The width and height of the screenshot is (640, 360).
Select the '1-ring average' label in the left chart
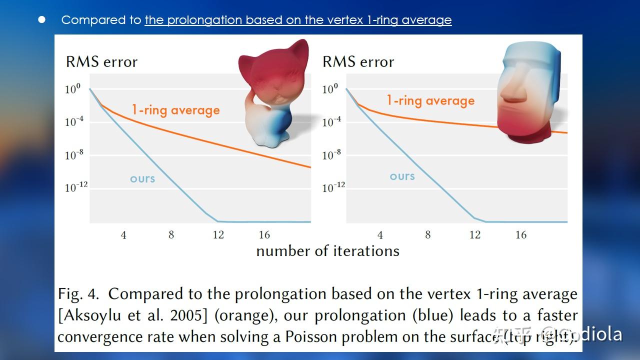175,110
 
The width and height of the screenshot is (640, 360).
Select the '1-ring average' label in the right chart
430,100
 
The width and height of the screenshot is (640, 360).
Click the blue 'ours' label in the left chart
142,179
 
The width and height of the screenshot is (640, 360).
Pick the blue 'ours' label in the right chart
402,176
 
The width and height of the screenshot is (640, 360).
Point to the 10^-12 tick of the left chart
76,187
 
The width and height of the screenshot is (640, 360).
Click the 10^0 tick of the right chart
330,89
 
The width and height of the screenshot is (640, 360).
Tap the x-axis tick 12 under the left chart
218,235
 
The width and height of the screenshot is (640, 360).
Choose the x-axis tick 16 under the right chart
521,235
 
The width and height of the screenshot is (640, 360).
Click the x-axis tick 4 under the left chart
123,235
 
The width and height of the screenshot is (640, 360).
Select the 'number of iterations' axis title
327,251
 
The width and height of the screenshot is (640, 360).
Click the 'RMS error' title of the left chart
101,62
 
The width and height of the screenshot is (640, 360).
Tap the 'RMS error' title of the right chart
358,62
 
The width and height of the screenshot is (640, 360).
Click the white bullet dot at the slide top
42,19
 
